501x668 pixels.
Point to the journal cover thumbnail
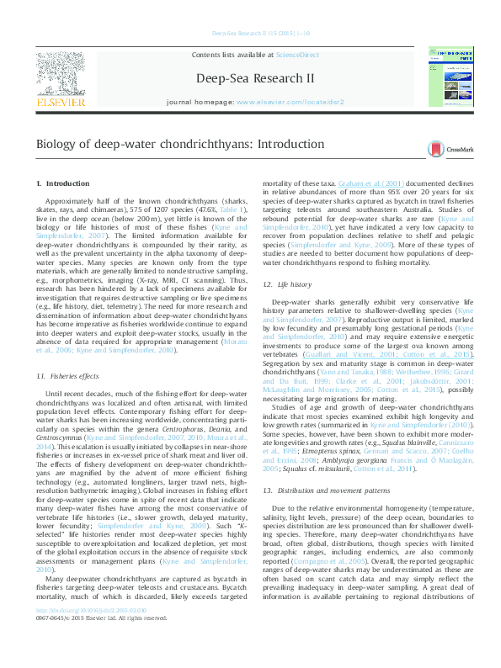[451, 77]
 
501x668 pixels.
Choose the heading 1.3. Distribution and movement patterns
[328, 490]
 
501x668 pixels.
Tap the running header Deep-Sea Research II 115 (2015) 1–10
[250, 34]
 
